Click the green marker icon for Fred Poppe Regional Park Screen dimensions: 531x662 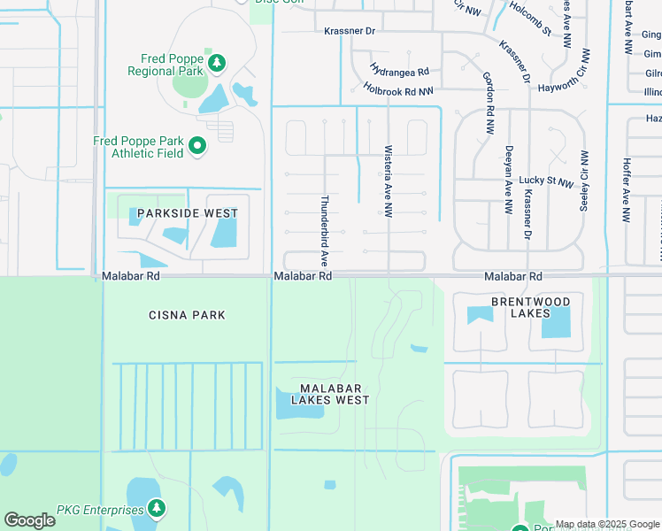[217, 63]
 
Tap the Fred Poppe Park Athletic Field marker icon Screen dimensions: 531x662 [197, 146]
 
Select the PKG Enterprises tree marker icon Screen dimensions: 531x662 [157, 508]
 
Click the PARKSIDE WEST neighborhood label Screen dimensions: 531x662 [187, 213]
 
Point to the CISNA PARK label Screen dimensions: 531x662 [187, 315]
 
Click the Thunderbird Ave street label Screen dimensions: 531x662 [325, 229]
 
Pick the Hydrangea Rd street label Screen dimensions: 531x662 [399, 70]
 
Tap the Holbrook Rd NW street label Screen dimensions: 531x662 [398, 89]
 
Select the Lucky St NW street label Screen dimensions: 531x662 [546, 181]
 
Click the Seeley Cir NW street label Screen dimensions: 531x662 [583, 181]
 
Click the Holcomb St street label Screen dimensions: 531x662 [530, 19]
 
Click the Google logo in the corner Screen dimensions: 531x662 [29, 520]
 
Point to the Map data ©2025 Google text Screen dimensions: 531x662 [606, 524]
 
